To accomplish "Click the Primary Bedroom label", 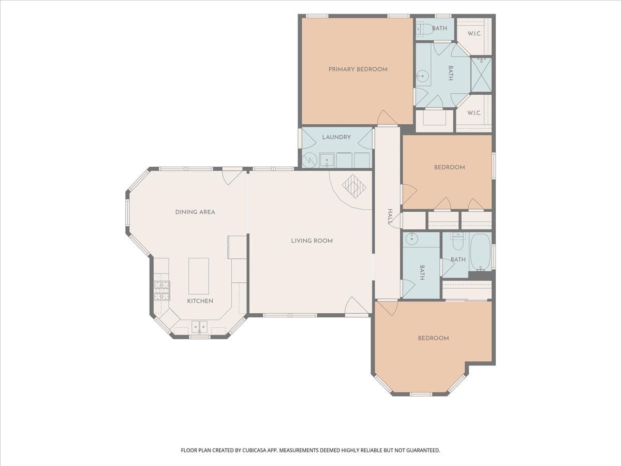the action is pos(358,69).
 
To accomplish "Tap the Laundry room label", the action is pos(336,137).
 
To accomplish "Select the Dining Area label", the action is pos(195,212).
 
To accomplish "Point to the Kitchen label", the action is pos(200,301).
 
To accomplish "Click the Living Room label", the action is pos(312,241).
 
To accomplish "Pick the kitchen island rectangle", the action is pos(199,276).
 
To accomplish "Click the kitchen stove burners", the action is pos(162,290).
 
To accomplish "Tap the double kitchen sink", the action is pos(199,327).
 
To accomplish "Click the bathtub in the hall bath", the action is pos(480,252).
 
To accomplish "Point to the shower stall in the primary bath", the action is pos(481,75).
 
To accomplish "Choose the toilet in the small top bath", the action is pos(425,28).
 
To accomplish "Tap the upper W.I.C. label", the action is pos(475,34).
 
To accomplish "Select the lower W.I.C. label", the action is pos(475,113).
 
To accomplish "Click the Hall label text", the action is pos(390,217).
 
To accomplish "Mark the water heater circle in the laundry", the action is pos(309,161).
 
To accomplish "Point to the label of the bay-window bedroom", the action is pos(433,338).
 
